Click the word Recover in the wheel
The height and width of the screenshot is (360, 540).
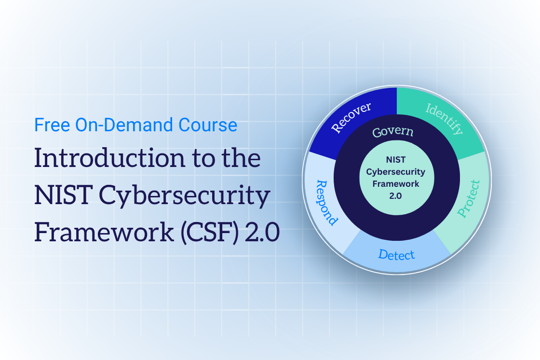(351, 117)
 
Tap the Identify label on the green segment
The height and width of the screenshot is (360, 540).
(444, 119)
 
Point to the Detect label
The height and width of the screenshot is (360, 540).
(396, 254)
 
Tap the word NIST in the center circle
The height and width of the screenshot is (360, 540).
(396, 160)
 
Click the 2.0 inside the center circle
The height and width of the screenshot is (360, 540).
(396, 196)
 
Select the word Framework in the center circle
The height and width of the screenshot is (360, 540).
(396, 184)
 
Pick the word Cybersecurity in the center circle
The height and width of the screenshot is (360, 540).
(396, 172)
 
